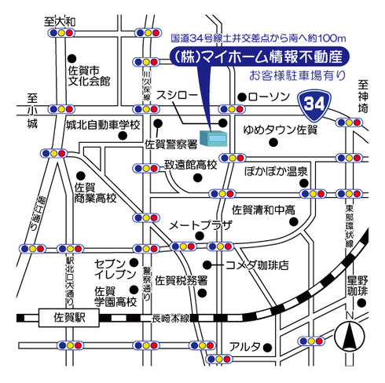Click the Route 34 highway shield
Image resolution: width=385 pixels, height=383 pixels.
pyautogui.click(x=314, y=105)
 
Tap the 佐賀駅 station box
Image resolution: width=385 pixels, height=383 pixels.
pyautogui.click(x=69, y=318)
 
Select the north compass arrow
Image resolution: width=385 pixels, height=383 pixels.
pyautogui.click(x=350, y=336)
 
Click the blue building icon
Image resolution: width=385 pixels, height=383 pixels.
pyautogui.click(x=214, y=138)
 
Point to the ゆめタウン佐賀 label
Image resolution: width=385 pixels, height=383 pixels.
pyautogui.click(x=280, y=129)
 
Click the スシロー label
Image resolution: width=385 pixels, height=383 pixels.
pyautogui.click(x=177, y=95)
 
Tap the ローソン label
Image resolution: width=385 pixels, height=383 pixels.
pyautogui.click(x=269, y=97)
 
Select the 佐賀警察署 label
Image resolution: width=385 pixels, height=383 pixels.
pyautogui.click(x=171, y=144)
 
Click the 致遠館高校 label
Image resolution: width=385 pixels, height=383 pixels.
pyautogui.click(x=191, y=165)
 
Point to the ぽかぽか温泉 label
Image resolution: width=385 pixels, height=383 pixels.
pyautogui.click(x=276, y=172)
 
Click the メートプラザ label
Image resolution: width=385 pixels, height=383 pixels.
pyautogui.click(x=201, y=225)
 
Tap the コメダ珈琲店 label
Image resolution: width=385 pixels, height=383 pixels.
pyautogui.click(x=257, y=265)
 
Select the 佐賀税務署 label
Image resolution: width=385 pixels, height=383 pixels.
pyautogui.click(x=181, y=281)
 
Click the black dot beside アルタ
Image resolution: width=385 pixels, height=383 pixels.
pyautogui.click(x=267, y=348)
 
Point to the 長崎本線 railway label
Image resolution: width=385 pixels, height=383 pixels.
pyautogui.click(x=170, y=319)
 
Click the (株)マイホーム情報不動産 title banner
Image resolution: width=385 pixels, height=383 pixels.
pyautogui.click(x=259, y=57)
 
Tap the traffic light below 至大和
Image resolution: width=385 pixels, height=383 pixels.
pyautogui.click(x=61, y=33)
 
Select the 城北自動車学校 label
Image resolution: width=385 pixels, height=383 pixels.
pyautogui.click(x=103, y=125)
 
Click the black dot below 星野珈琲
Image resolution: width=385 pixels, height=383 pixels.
pyautogui.click(x=361, y=303)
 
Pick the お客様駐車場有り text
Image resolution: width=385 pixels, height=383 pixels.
pyautogui.click(x=298, y=76)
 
